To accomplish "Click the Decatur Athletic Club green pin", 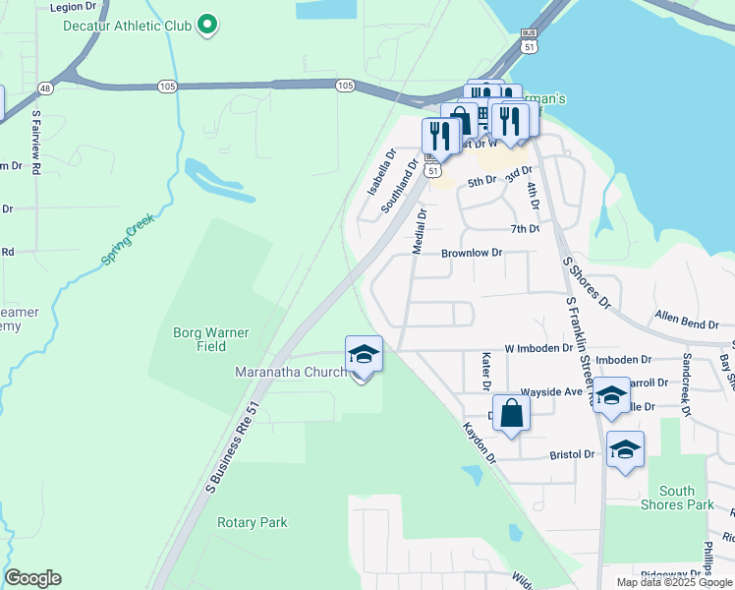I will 207,25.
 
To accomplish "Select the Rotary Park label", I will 253,522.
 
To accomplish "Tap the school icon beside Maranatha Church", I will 364,355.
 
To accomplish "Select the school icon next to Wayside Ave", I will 611,396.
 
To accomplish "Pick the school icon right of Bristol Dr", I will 625,450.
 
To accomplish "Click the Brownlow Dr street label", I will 472,253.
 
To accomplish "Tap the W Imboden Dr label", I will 538,348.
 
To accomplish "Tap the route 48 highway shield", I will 45,88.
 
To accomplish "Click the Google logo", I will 32,578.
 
